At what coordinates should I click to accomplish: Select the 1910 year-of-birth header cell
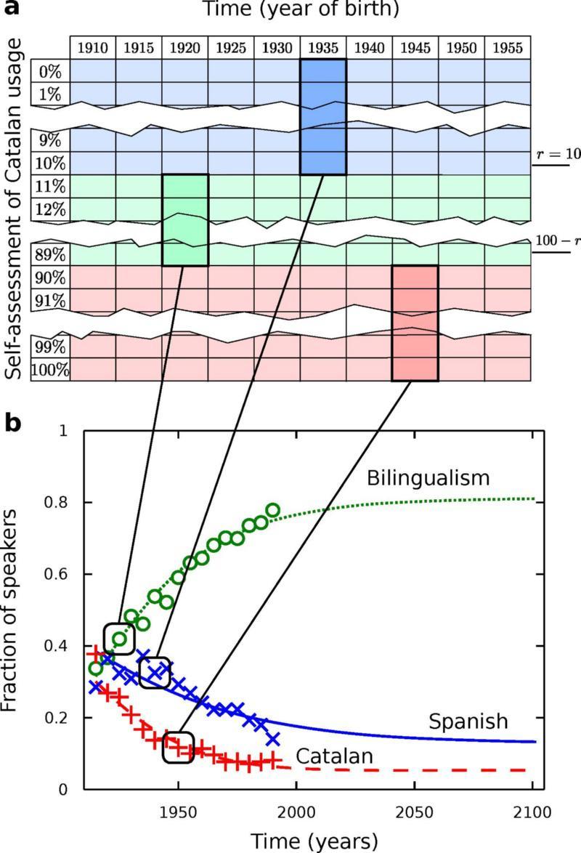coord(93,48)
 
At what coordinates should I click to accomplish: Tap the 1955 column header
coord(507,48)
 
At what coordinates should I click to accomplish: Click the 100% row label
coord(50,370)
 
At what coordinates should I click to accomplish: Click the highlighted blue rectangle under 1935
coord(323,116)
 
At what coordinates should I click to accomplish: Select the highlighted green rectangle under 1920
coord(185,219)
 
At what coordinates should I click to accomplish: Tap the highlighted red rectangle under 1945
coord(415,323)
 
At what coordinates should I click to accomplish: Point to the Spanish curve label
coord(468,721)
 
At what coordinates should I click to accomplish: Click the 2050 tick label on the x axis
coord(414,810)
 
